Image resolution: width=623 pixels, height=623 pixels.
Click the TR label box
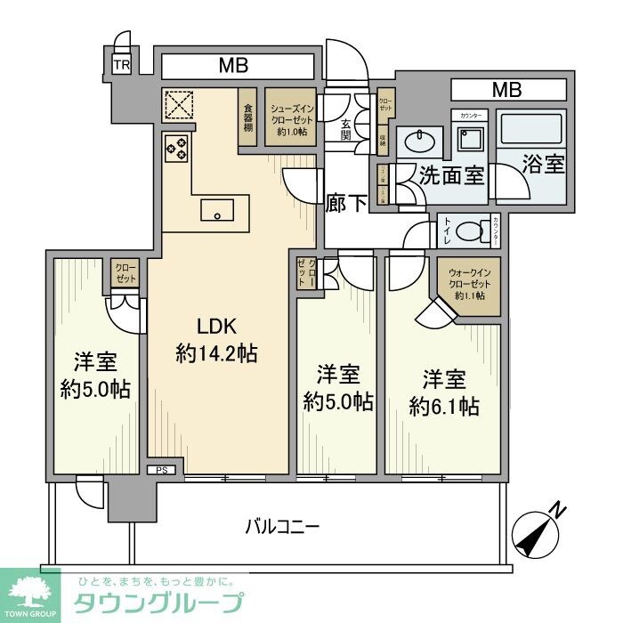(x=119, y=65)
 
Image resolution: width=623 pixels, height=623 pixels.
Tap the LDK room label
(x=216, y=327)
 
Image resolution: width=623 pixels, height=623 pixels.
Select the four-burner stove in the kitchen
(x=176, y=148)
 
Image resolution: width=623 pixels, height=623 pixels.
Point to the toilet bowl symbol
(x=466, y=231)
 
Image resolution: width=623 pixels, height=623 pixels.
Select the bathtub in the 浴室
(x=530, y=132)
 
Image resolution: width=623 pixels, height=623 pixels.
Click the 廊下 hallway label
(x=345, y=203)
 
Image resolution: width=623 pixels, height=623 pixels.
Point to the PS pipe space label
(x=162, y=470)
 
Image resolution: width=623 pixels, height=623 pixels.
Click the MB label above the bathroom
(x=507, y=89)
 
